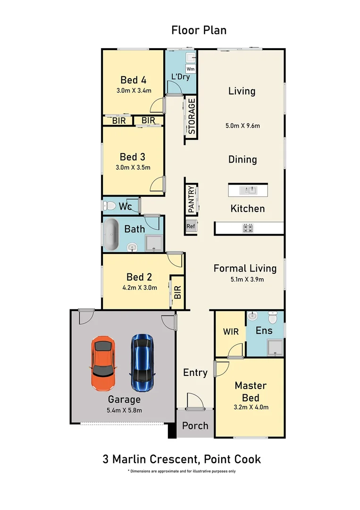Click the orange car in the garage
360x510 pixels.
point(102,363)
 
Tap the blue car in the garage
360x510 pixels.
point(142,358)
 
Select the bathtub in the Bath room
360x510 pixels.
point(111,234)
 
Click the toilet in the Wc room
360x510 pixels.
point(109,206)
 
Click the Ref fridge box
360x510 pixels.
point(191,226)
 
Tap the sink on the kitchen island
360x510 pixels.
point(248,190)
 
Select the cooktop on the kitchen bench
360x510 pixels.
point(249,229)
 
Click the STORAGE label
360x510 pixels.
point(192,116)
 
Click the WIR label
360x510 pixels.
point(230,331)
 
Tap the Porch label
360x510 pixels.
point(195,425)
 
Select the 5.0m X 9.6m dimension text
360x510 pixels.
point(243,126)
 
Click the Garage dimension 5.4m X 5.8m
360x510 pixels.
point(124,410)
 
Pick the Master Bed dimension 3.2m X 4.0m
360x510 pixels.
point(251,407)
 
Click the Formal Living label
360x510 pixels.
point(245,268)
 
